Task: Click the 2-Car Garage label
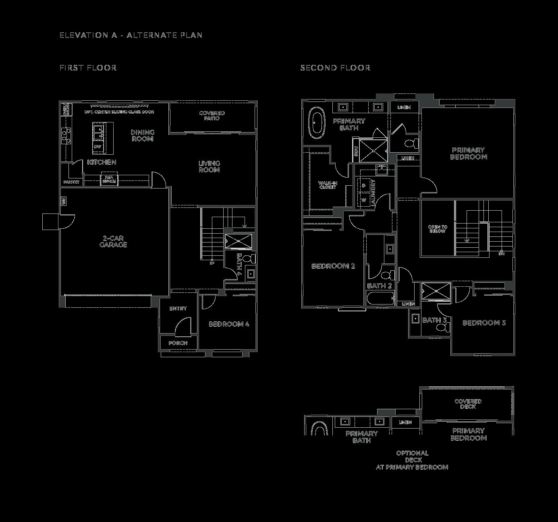tap(113, 242)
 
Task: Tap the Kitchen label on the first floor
tap(102, 162)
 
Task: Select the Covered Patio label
tap(212, 116)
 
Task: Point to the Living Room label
tap(209, 166)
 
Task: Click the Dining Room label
tap(143, 135)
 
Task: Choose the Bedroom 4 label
tap(229, 324)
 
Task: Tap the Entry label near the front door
tap(178, 309)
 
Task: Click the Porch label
tap(178, 343)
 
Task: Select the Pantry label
tap(71, 182)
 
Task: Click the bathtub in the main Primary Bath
tap(317, 121)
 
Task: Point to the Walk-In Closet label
tap(328, 185)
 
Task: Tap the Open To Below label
tap(437, 229)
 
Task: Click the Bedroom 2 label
tap(333, 266)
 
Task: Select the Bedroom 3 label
tap(484, 323)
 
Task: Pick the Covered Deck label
tap(468, 404)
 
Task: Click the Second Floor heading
tap(335, 68)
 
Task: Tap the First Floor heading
tap(88, 68)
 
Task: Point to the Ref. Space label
tap(109, 179)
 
